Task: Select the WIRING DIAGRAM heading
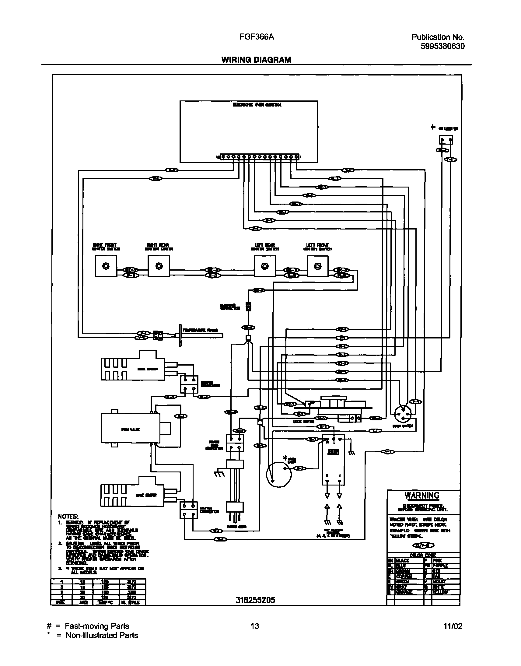[256, 60]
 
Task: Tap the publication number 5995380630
[442, 46]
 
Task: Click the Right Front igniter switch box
[106, 266]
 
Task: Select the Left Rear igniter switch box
[264, 266]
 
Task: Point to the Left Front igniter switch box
[317, 266]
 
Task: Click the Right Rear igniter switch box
[159, 266]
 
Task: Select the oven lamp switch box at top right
[446, 140]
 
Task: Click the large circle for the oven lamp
[278, 475]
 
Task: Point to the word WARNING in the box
[421, 495]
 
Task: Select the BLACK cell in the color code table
[409, 560]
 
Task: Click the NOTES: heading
[68, 516]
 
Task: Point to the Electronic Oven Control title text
[257, 105]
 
